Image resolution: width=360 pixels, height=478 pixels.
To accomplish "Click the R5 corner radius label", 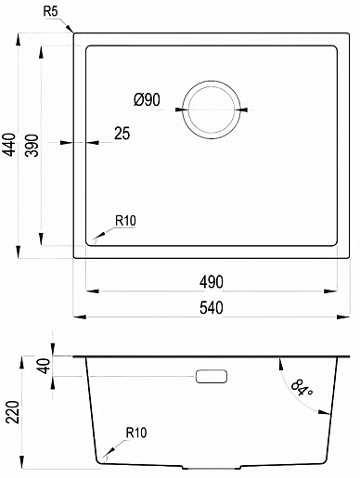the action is tap(50, 12).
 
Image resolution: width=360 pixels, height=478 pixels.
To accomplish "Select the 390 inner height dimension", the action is tap(32, 145).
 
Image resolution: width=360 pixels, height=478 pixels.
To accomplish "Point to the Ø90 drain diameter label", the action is tap(147, 99).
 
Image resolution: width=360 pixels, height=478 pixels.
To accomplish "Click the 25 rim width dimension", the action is tap(122, 134).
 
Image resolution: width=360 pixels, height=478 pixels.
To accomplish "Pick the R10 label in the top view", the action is tap(125, 221).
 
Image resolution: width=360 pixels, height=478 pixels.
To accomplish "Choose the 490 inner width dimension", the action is tap(212, 282).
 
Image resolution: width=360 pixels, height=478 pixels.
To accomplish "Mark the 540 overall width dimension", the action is tap(212, 308).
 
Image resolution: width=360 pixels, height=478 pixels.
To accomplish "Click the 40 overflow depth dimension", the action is tap(45, 366).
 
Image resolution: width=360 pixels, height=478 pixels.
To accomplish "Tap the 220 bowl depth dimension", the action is tap(13, 412).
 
